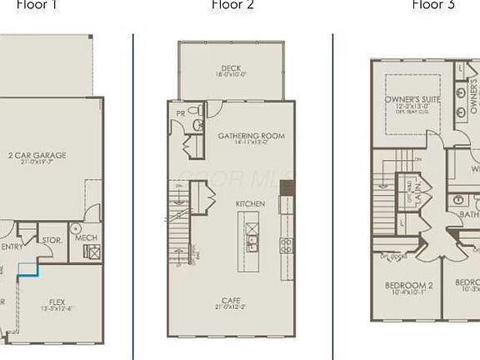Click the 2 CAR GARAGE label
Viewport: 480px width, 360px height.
point(37,155)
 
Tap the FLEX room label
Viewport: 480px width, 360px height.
point(57,302)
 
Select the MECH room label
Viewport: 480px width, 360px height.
point(86,237)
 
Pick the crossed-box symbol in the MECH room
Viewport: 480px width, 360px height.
point(91,252)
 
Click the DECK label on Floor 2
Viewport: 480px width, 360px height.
point(232,68)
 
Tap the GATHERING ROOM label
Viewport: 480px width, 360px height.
point(251,136)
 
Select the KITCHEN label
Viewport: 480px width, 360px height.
point(250,204)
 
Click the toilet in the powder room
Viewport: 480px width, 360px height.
point(197,124)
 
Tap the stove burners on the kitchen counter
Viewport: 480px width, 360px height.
point(286,245)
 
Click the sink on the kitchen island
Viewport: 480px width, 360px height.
point(252,242)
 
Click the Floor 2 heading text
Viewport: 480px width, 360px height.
point(232,5)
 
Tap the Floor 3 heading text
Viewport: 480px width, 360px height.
point(433,5)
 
